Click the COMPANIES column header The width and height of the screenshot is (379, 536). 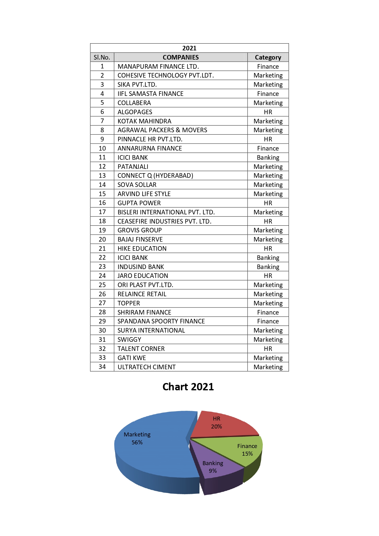click(180, 57)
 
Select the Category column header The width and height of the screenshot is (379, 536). click(268, 57)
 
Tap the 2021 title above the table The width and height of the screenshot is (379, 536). click(189, 48)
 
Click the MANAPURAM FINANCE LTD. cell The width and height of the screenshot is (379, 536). click(158, 67)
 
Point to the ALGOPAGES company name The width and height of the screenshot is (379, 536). click(135, 112)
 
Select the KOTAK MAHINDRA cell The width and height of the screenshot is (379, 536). click(144, 121)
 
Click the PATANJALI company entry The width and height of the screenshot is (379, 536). click(133, 167)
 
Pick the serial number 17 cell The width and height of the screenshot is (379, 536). click(102, 212)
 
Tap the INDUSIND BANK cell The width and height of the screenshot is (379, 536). click(141, 267)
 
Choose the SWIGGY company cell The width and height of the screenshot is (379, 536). click(129, 340)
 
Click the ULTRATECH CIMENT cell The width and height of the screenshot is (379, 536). click(147, 367)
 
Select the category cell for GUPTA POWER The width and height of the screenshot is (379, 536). click(268, 203)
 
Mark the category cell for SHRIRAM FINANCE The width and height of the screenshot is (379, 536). click(268, 312)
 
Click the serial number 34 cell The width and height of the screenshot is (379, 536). click(102, 367)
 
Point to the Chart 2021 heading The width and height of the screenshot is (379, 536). click(188, 387)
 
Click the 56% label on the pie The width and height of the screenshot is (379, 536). click(137, 443)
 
